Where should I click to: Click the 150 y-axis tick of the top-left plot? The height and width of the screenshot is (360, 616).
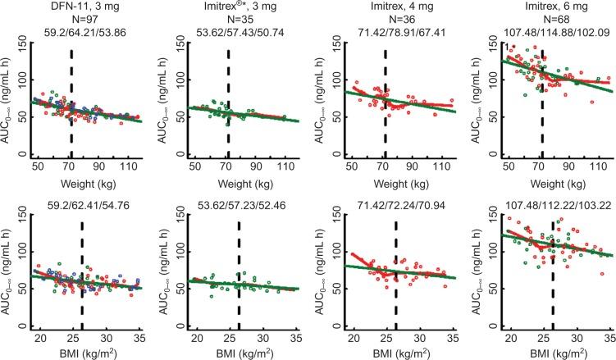(x=20, y=49)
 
